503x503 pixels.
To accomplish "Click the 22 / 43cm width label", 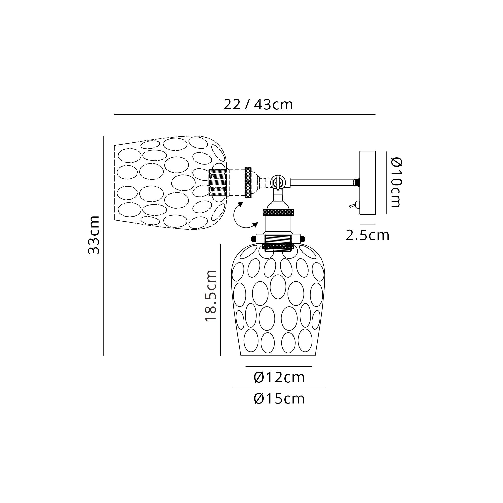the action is tap(258, 105).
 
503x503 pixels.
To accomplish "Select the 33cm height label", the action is tap(94, 235).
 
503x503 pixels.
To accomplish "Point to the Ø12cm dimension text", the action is tap(279, 378).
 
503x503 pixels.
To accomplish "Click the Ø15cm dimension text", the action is tap(279, 399).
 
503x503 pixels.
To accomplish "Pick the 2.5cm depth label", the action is tap(367, 235).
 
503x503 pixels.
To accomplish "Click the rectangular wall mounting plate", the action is tap(368, 183).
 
